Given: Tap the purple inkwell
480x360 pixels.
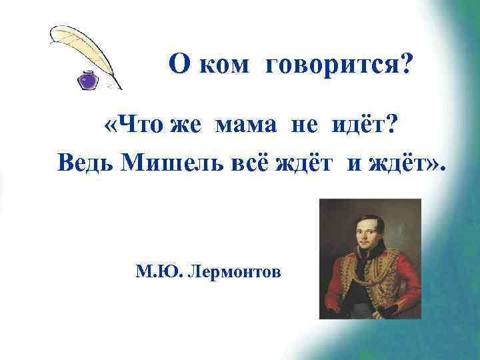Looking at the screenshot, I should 86,81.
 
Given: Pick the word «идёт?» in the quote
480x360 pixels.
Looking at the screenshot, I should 358,126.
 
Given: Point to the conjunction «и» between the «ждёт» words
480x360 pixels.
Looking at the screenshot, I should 351,163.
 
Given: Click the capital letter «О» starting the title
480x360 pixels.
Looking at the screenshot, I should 177,65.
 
